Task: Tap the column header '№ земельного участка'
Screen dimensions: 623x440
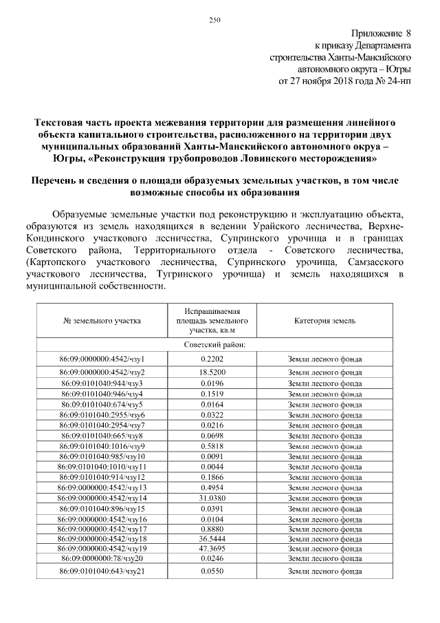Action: (x=102, y=321)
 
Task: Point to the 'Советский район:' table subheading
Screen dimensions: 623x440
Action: (x=221, y=344)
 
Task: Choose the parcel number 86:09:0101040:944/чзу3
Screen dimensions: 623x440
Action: (x=102, y=383)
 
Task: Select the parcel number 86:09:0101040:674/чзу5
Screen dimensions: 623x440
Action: (x=102, y=404)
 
